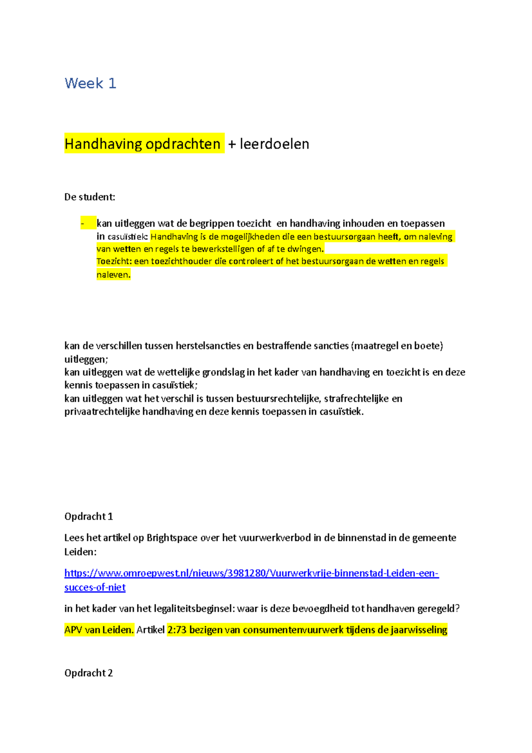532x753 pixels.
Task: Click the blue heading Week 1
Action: coord(90,83)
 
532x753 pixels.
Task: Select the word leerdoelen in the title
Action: coord(274,144)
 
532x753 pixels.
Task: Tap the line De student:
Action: coord(90,197)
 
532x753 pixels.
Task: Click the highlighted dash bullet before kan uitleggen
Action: coord(82,224)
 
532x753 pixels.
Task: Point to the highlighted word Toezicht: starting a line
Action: coord(114,261)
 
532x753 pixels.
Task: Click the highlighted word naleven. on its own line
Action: coord(113,275)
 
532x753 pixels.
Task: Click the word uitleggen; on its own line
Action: coord(86,359)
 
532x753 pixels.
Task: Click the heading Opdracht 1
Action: coord(89,517)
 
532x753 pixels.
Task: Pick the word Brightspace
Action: coord(172,538)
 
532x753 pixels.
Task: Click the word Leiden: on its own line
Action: coord(80,552)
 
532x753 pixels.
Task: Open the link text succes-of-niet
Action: coord(95,588)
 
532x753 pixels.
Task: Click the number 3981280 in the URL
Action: coord(246,573)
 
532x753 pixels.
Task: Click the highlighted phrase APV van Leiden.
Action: coord(99,630)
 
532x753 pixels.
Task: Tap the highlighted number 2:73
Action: coord(177,630)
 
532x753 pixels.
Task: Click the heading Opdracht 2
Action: coord(89,673)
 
